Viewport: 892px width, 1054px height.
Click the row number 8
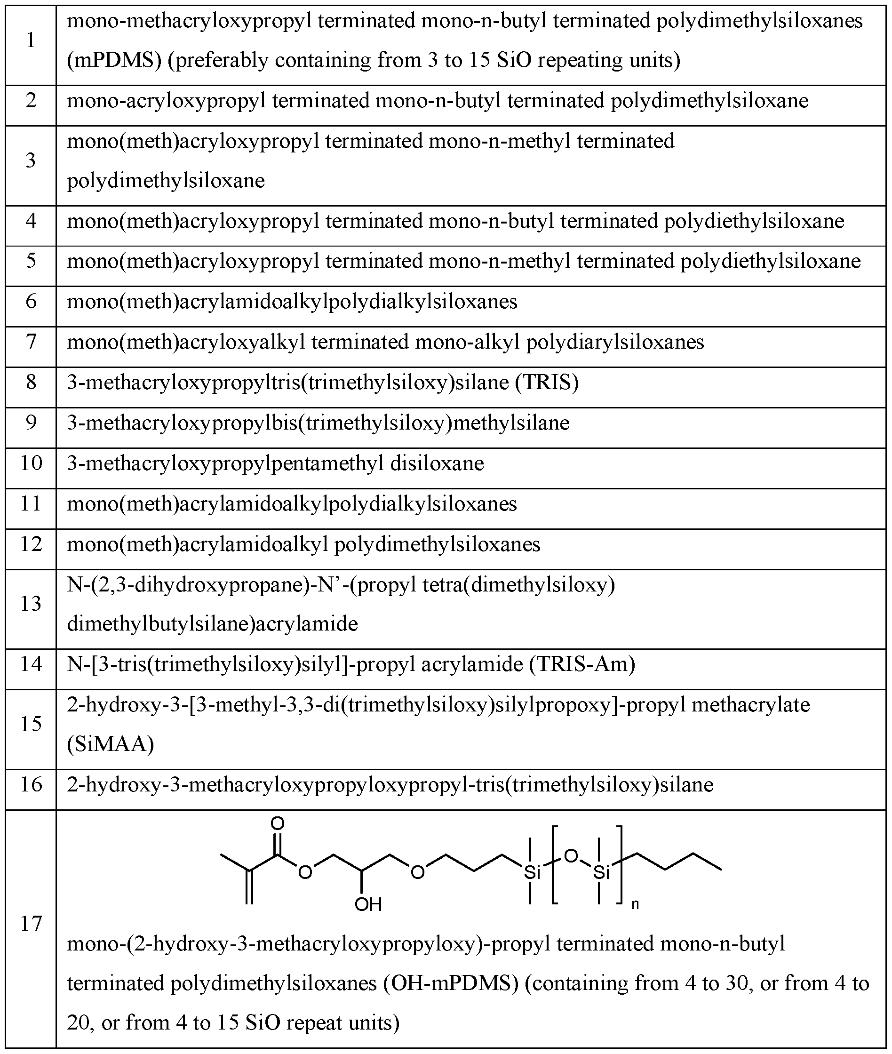pos(31,383)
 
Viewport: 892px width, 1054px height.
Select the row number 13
pos(31,604)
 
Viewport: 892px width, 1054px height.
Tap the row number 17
pos(31,924)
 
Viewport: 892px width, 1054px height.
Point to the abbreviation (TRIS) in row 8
pos(547,383)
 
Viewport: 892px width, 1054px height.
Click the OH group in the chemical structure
pos(367,904)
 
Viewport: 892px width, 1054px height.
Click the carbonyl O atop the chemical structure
pos(277,824)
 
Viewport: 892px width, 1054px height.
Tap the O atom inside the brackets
pos(570,856)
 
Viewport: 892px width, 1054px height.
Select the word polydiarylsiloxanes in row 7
pos(615,343)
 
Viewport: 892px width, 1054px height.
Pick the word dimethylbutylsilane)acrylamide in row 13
pos(212,624)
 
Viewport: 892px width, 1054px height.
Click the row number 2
pos(31,101)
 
